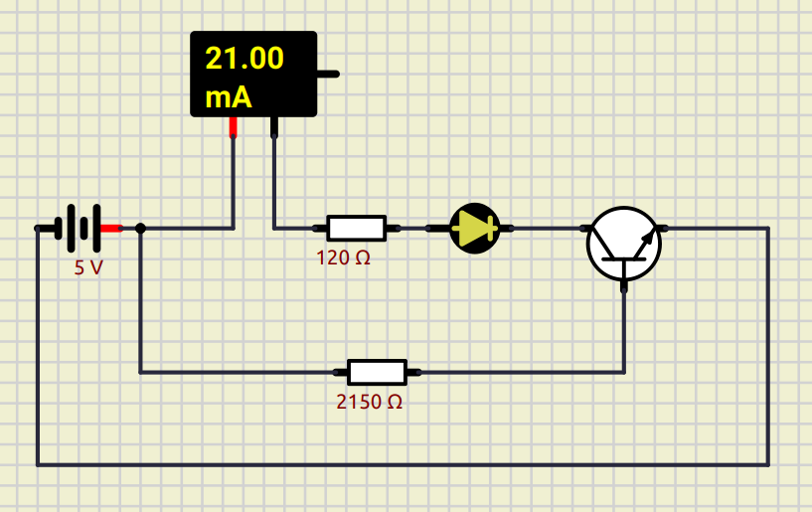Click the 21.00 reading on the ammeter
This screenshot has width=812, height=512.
click(244, 59)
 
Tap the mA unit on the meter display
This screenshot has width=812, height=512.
click(228, 98)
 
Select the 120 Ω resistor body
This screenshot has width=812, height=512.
click(356, 228)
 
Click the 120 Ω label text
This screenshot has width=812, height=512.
click(343, 257)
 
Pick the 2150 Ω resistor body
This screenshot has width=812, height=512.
click(377, 372)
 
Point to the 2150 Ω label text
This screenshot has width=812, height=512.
click(369, 403)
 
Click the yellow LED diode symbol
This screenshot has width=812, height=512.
click(475, 228)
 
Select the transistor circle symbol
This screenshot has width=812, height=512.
click(623, 244)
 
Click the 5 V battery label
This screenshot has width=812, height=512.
click(88, 267)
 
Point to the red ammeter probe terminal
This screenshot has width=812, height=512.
click(234, 126)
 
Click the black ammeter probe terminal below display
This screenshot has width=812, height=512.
click(274, 126)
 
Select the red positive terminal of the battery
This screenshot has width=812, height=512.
click(110, 228)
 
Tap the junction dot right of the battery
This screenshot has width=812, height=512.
click(140, 228)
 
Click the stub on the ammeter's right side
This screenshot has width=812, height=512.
click(328, 74)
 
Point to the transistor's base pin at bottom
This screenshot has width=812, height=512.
click(624, 284)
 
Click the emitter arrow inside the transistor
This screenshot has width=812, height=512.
click(647, 240)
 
